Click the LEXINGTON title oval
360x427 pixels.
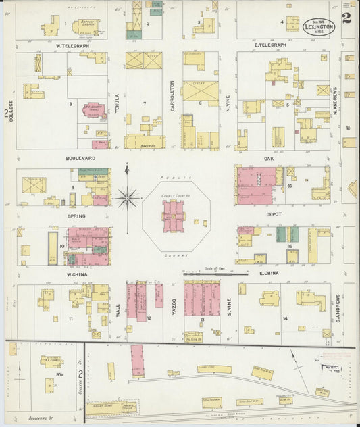tap(317, 26)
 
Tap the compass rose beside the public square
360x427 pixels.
tap(127, 198)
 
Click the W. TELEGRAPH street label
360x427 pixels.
tap(72, 46)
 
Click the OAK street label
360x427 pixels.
tap(268, 159)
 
